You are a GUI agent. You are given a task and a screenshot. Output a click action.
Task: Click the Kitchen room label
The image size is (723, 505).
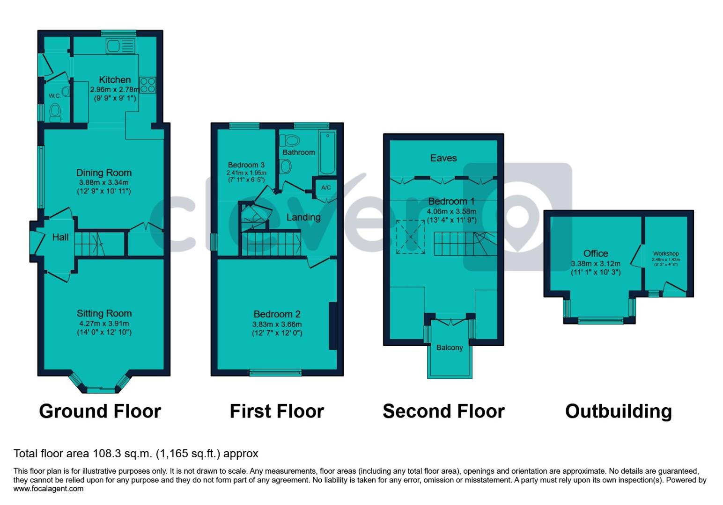coord(115,79)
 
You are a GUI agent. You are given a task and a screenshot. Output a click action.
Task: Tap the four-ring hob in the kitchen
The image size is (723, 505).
coord(148,85)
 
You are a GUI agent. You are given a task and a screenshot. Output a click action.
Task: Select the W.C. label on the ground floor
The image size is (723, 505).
coord(55,96)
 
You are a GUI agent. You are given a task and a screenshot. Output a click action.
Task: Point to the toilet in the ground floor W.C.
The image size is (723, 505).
coord(55,112)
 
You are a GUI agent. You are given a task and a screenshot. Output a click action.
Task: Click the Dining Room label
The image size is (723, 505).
coord(103,173)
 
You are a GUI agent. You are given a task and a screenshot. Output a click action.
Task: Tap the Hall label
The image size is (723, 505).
coord(60,237)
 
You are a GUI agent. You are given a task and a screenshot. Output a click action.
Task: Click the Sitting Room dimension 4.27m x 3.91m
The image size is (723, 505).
coord(104,323)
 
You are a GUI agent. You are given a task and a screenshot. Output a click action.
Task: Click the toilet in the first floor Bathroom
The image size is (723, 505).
coord(290,140)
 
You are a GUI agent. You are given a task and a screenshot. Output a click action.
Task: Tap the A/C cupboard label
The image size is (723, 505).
coord(326,188)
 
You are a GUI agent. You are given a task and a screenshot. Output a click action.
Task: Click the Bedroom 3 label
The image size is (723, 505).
coord(246,165)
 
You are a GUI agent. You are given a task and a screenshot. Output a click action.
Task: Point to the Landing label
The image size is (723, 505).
coord(303,217)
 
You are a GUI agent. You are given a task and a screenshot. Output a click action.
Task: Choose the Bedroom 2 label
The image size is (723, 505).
coord(277,314)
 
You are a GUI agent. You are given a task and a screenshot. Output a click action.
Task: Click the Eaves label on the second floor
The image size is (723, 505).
coord(443,158)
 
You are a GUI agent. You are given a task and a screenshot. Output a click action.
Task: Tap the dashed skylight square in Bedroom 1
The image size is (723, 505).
coord(411,237)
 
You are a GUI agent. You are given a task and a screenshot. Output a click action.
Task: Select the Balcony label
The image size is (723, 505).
coord(450,347)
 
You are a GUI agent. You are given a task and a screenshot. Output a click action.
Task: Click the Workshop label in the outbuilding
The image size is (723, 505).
coord(666,253)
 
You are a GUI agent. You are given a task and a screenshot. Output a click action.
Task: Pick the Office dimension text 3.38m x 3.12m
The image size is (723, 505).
coord(596,264)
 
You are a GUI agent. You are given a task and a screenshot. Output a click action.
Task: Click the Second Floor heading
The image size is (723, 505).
coord(443,411)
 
